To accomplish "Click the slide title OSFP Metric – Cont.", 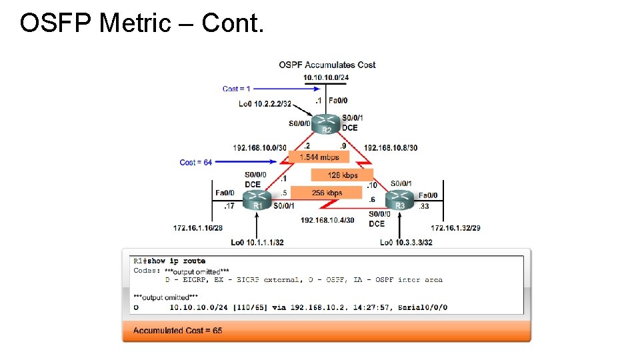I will coord(142,23).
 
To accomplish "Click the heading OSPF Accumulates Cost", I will coord(327,65).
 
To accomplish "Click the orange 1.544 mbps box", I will coord(319,157).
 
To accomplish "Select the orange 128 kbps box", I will coord(342,175).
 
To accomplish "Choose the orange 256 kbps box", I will coord(326,193).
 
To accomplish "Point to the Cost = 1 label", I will coord(237,89).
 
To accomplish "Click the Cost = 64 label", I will coord(196,162).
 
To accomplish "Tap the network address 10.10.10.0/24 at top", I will coord(326,77).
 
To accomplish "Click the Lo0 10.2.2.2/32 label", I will coord(265,103).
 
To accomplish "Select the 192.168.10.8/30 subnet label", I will coord(391,147).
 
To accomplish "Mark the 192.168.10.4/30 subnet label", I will coord(327,220).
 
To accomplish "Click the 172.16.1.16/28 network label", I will coord(197,228).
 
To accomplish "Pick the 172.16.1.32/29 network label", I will coord(455,228).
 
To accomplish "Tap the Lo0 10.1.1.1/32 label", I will coord(257,242).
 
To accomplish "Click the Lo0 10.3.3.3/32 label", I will coord(406,242).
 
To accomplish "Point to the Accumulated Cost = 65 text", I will coord(177,331).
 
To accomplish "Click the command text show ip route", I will coord(176,261).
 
